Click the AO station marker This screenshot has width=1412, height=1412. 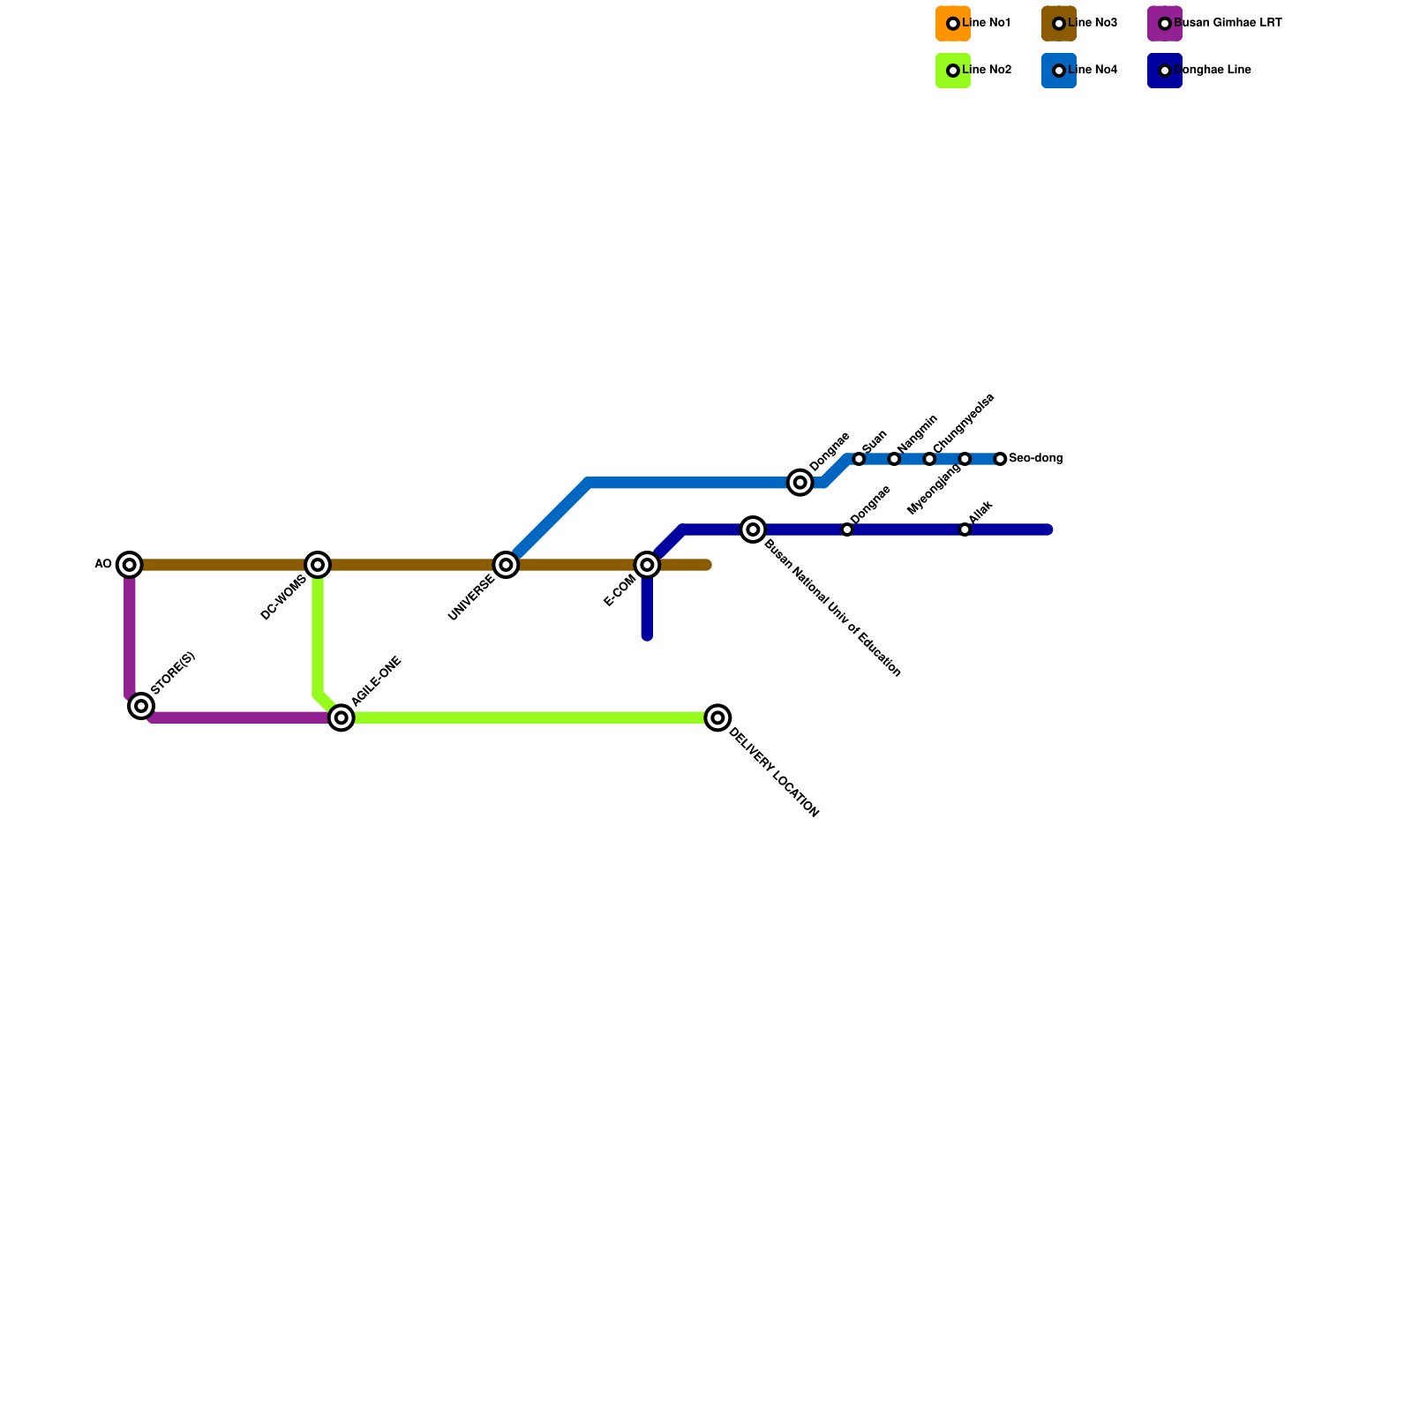point(130,564)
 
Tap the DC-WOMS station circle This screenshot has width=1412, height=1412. point(318,564)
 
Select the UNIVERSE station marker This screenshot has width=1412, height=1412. point(506,564)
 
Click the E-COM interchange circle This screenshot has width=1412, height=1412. point(647,564)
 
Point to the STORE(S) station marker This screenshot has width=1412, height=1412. point(141,705)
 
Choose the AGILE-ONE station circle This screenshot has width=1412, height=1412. point(342,717)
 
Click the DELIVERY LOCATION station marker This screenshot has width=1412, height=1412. point(718,717)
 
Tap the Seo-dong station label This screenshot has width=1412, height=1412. point(1035,459)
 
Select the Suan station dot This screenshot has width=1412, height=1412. point(859,459)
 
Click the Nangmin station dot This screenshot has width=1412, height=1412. point(894,459)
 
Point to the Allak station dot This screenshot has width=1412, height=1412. point(965,529)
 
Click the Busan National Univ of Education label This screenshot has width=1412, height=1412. point(832,608)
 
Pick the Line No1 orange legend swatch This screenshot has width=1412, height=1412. point(953,24)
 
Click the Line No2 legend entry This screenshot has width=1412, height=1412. point(986,71)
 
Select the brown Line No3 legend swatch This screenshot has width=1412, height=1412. point(1059,24)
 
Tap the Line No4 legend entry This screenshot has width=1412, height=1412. point(1092,71)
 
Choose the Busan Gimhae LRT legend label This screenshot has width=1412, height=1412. point(1227,24)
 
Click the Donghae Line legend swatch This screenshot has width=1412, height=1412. point(1165,71)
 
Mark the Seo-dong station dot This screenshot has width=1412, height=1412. point(1000,459)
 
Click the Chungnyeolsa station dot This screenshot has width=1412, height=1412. point(929,459)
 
